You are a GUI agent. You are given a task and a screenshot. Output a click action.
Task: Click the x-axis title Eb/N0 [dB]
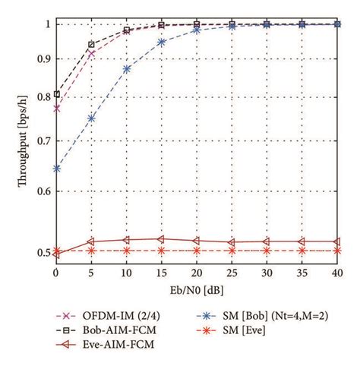tap(197, 290)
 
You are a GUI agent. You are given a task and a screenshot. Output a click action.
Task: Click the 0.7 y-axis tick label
tap(43, 141)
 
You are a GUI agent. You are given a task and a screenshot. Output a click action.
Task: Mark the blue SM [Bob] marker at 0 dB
tap(57, 168)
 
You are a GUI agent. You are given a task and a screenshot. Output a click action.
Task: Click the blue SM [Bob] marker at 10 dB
tap(127, 68)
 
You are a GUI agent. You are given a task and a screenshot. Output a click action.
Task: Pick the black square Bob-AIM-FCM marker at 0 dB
tap(57, 94)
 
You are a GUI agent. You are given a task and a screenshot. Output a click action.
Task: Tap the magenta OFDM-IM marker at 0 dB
tap(57, 109)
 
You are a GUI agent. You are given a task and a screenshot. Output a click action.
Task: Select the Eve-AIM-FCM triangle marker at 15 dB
tap(162, 239)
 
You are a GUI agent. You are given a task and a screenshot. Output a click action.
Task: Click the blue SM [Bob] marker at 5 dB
tap(92, 118)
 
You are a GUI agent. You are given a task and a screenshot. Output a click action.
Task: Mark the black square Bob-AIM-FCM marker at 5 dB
tap(92, 45)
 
